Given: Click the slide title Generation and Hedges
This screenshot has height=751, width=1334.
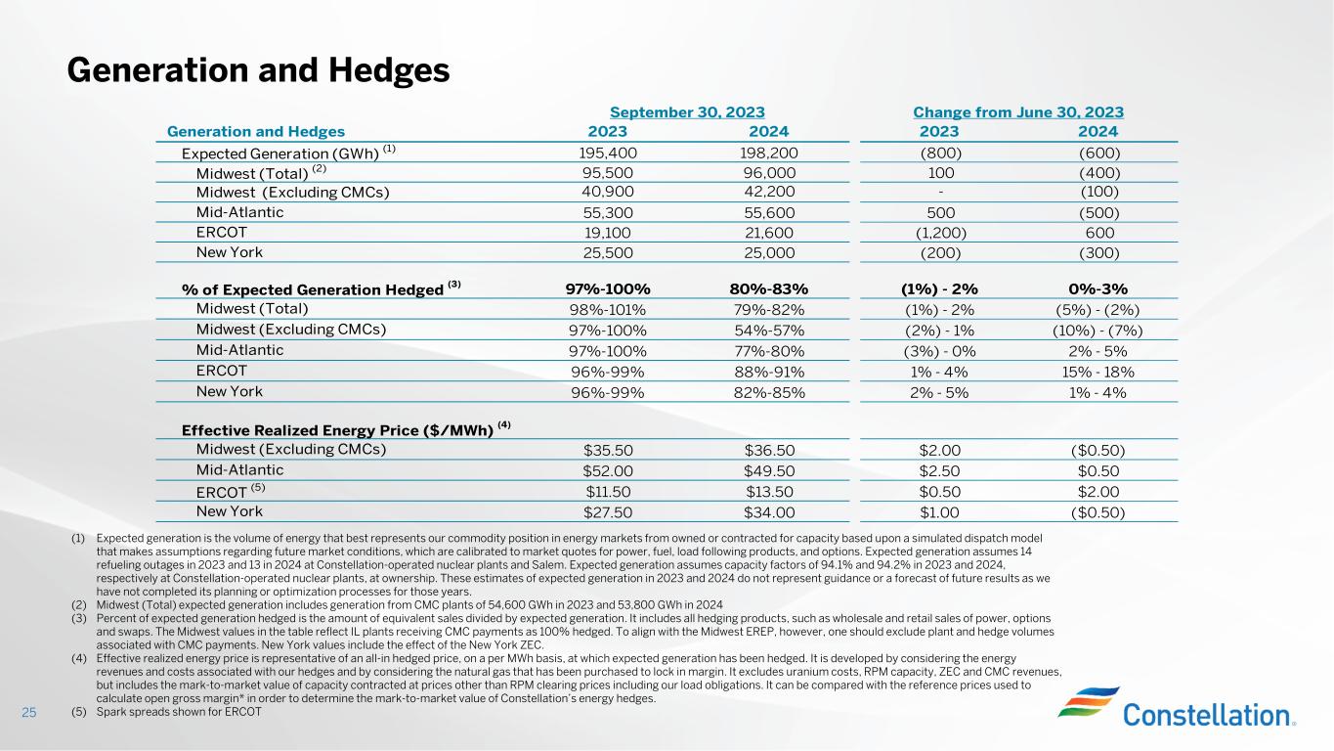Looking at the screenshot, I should (258, 70).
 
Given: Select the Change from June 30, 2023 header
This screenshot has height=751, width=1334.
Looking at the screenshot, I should (1017, 111).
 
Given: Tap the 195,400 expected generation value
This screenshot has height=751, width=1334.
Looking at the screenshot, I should (607, 154).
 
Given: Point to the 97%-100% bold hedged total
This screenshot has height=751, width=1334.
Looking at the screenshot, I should (608, 288).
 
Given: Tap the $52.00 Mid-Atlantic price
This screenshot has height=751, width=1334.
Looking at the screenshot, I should (607, 470).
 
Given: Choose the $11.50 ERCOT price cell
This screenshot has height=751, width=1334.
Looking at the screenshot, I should (607, 491).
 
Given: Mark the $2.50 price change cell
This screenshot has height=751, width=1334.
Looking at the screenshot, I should (938, 470).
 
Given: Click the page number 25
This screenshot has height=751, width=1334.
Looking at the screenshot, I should (29, 712).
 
